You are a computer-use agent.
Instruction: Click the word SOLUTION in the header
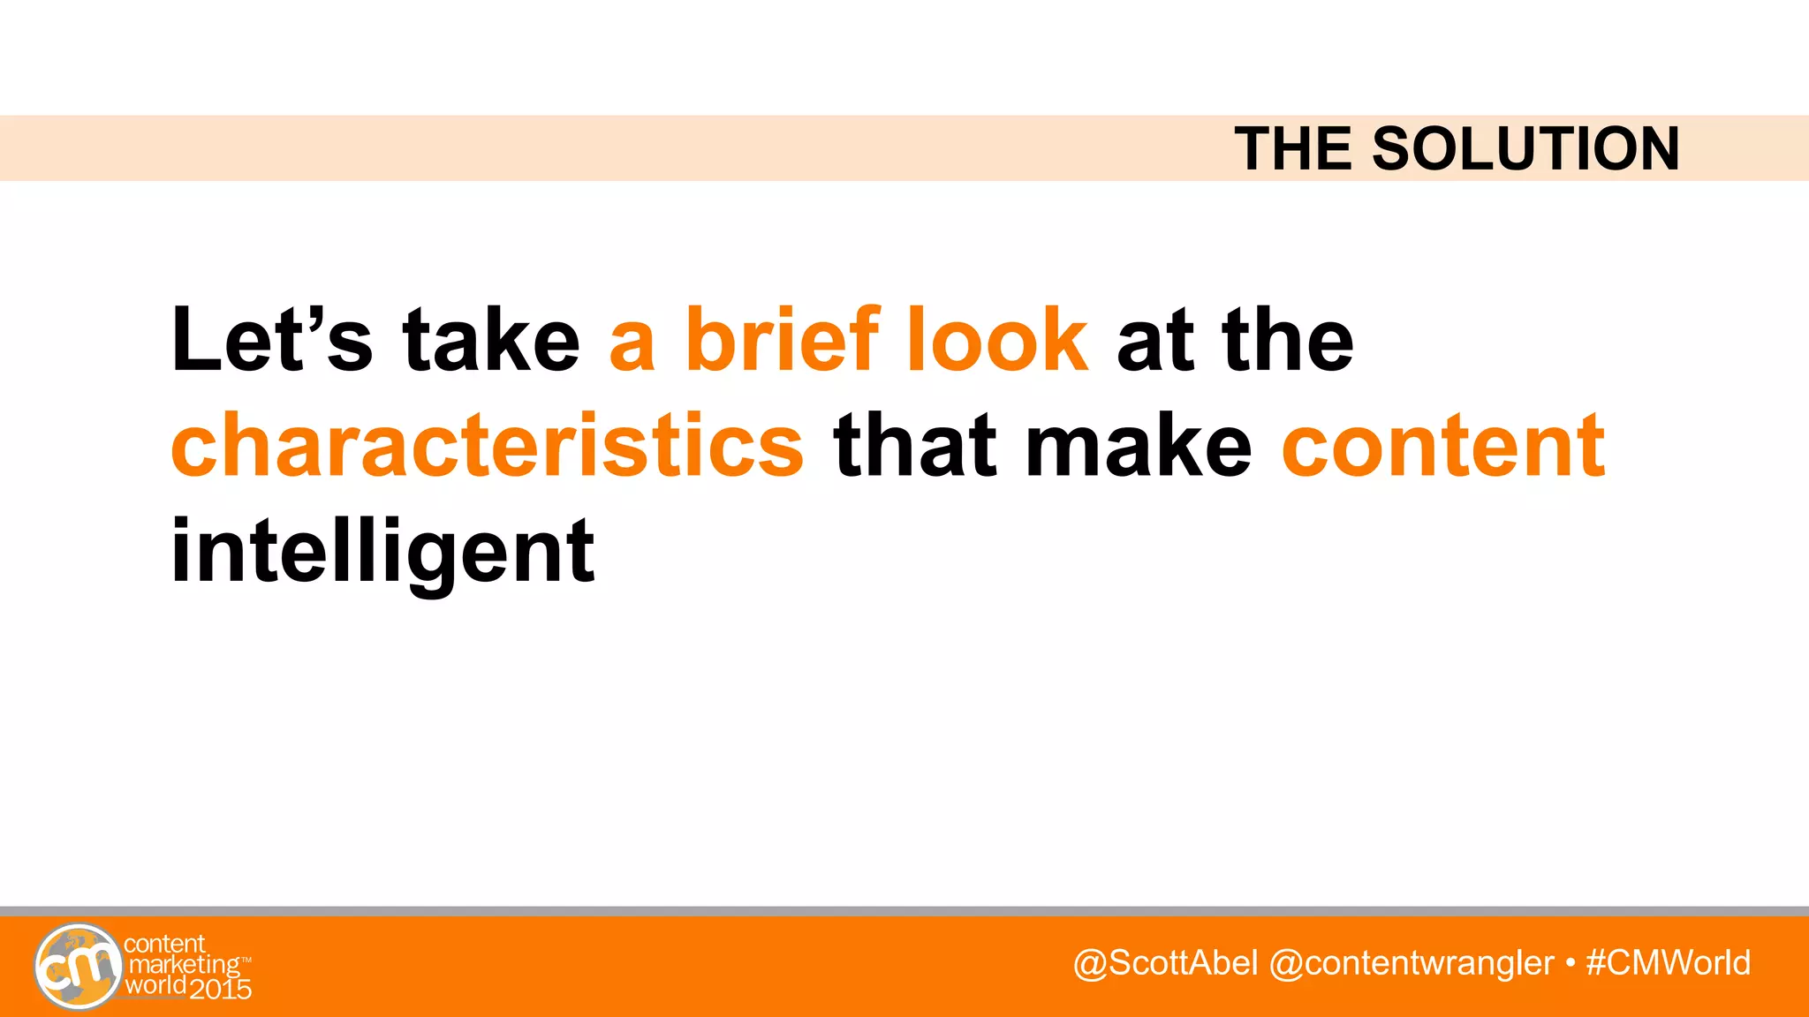pyautogui.click(x=1525, y=148)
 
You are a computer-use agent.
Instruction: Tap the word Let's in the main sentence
pyautogui.click(x=272, y=340)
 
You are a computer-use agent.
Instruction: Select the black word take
pyautogui.click(x=491, y=340)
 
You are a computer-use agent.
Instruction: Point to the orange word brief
pyautogui.click(x=783, y=340)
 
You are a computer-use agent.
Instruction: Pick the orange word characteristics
pyautogui.click(x=488, y=446)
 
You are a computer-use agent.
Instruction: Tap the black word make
pyautogui.click(x=1139, y=446)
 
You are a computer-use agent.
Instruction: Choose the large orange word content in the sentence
pyautogui.click(x=1443, y=446)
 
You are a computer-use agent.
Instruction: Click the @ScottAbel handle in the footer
pyautogui.click(x=1165, y=962)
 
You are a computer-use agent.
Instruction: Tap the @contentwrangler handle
pyautogui.click(x=1411, y=962)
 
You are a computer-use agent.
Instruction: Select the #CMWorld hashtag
pyautogui.click(x=1669, y=962)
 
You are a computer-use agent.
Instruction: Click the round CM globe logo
pyautogui.click(x=78, y=967)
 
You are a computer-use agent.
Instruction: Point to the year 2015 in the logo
pyautogui.click(x=221, y=990)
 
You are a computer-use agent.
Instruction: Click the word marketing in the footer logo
pyautogui.click(x=184, y=965)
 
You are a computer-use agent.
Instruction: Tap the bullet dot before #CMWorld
pyautogui.click(x=1570, y=963)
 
